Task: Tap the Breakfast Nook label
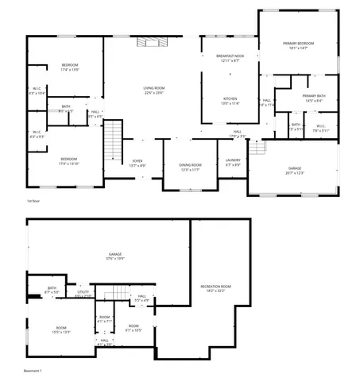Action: point(230,56)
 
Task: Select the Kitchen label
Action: point(230,98)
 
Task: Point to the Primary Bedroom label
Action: point(299,43)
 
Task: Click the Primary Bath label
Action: point(312,96)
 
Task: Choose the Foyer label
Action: point(137,160)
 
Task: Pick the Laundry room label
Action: point(233,160)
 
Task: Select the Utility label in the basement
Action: point(83,292)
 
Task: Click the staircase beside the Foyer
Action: point(116,140)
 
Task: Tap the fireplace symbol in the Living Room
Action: point(148,42)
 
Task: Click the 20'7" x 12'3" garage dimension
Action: point(295,173)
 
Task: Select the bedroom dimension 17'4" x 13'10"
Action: point(68,164)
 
